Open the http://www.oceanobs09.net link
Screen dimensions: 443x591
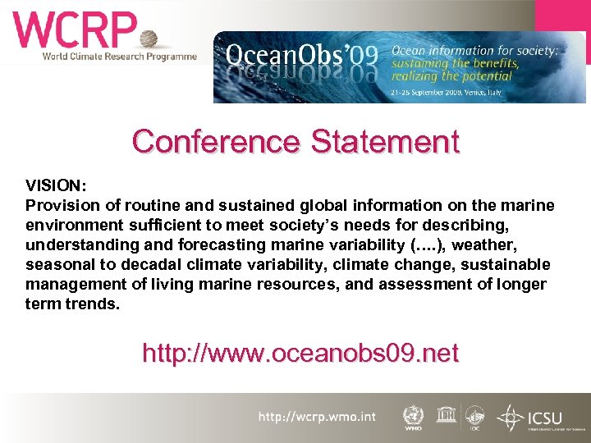[300, 354]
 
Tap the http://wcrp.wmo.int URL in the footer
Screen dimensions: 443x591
[317, 417]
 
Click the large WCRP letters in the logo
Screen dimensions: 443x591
[74, 30]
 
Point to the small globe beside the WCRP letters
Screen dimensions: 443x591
[149, 39]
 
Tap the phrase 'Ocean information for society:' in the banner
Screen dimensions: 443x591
[474, 50]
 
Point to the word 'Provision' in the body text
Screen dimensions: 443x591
[60, 206]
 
